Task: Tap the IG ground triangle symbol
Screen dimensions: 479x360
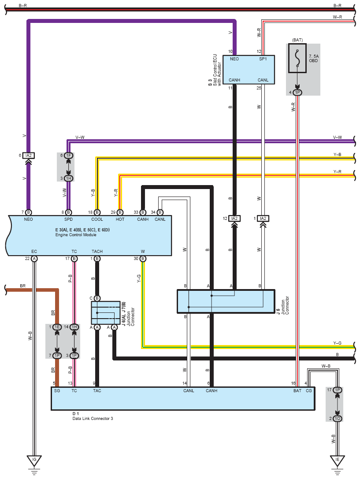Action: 34,460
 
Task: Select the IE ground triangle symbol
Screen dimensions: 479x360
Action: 337,460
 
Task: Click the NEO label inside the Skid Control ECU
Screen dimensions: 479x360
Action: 234,59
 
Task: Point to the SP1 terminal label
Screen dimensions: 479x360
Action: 263,59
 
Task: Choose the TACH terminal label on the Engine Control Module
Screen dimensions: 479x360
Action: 97,252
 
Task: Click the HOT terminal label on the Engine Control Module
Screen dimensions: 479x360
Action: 120,219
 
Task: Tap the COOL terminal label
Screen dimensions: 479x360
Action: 97,219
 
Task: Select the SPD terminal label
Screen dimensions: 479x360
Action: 68,219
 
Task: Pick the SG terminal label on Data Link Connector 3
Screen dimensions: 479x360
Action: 57,390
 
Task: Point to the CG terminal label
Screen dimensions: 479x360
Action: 308,390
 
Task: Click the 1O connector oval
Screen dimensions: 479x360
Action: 337,418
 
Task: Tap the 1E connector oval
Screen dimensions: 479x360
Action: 57,327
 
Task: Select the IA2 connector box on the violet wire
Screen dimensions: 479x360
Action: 29,156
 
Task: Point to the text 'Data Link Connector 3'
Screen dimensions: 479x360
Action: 93,418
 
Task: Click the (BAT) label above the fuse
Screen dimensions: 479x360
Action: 297,40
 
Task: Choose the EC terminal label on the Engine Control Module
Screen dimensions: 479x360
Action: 34,252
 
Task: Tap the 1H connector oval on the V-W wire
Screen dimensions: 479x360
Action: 68,178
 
